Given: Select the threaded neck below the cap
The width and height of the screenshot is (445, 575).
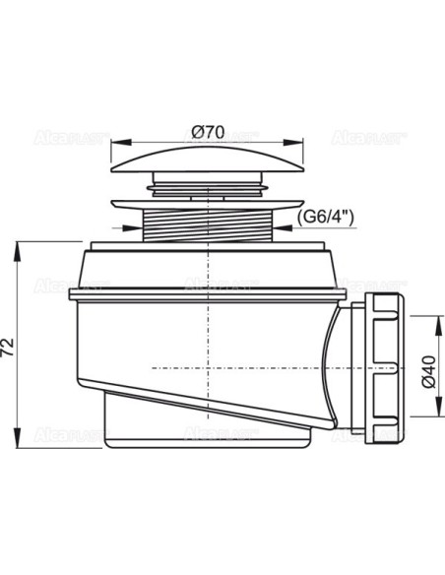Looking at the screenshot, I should point(208,225).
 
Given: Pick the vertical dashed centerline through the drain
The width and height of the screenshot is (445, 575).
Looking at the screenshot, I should point(208,325).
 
